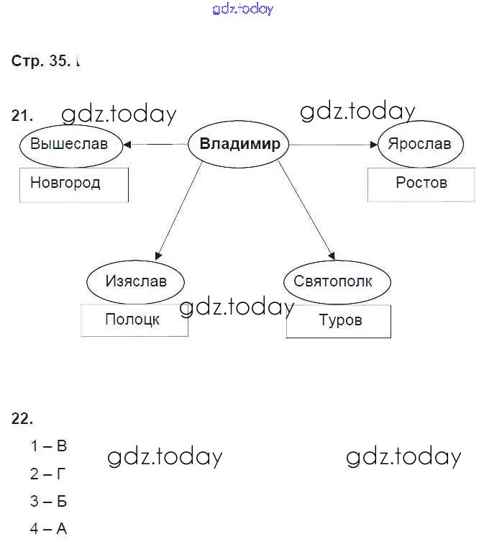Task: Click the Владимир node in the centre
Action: pyautogui.click(x=239, y=144)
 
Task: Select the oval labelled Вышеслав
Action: pyautogui.click(x=69, y=144)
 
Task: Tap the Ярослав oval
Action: pyautogui.click(x=419, y=144)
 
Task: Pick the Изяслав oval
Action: pyautogui.click(x=135, y=281)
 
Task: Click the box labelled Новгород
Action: pyautogui.click(x=73, y=184)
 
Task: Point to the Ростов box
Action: pyautogui.click(x=421, y=184)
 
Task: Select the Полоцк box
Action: pyautogui.click(x=134, y=320)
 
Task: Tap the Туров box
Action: pyautogui.click(x=339, y=321)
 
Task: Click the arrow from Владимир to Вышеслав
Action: pyautogui.click(x=155, y=145)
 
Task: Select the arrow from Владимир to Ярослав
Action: pyautogui.click(x=333, y=145)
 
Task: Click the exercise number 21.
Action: pyautogui.click(x=22, y=115)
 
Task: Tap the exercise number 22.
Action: pyautogui.click(x=22, y=418)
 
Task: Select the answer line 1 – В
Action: pyautogui.click(x=48, y=446)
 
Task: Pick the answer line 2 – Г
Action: pyautogui.click(x=48, y=474)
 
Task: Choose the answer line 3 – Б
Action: pyautogui.click(x=48, y=501)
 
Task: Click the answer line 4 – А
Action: pyautogui.click(x=48, y=529)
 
